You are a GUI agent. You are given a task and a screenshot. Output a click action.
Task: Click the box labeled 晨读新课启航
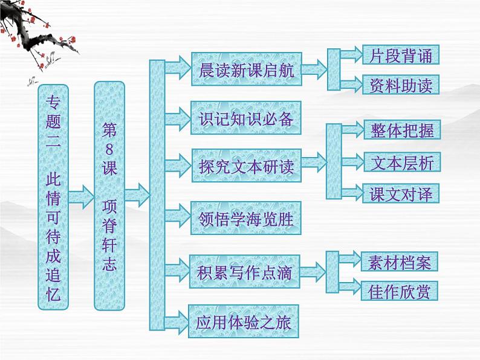tap(245, 71)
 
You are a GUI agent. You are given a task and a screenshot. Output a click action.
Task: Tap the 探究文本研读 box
tap(246, 167)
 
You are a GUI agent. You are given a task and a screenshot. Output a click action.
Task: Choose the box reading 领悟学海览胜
tap(245, 218)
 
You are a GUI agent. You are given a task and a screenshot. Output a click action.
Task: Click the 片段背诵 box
tap(400, 56)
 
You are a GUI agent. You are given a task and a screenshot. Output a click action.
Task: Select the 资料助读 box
tap(400, 85)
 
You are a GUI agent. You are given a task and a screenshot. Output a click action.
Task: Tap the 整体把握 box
tap(401, 130)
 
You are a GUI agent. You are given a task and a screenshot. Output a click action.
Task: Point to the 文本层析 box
tap(401, 162)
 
